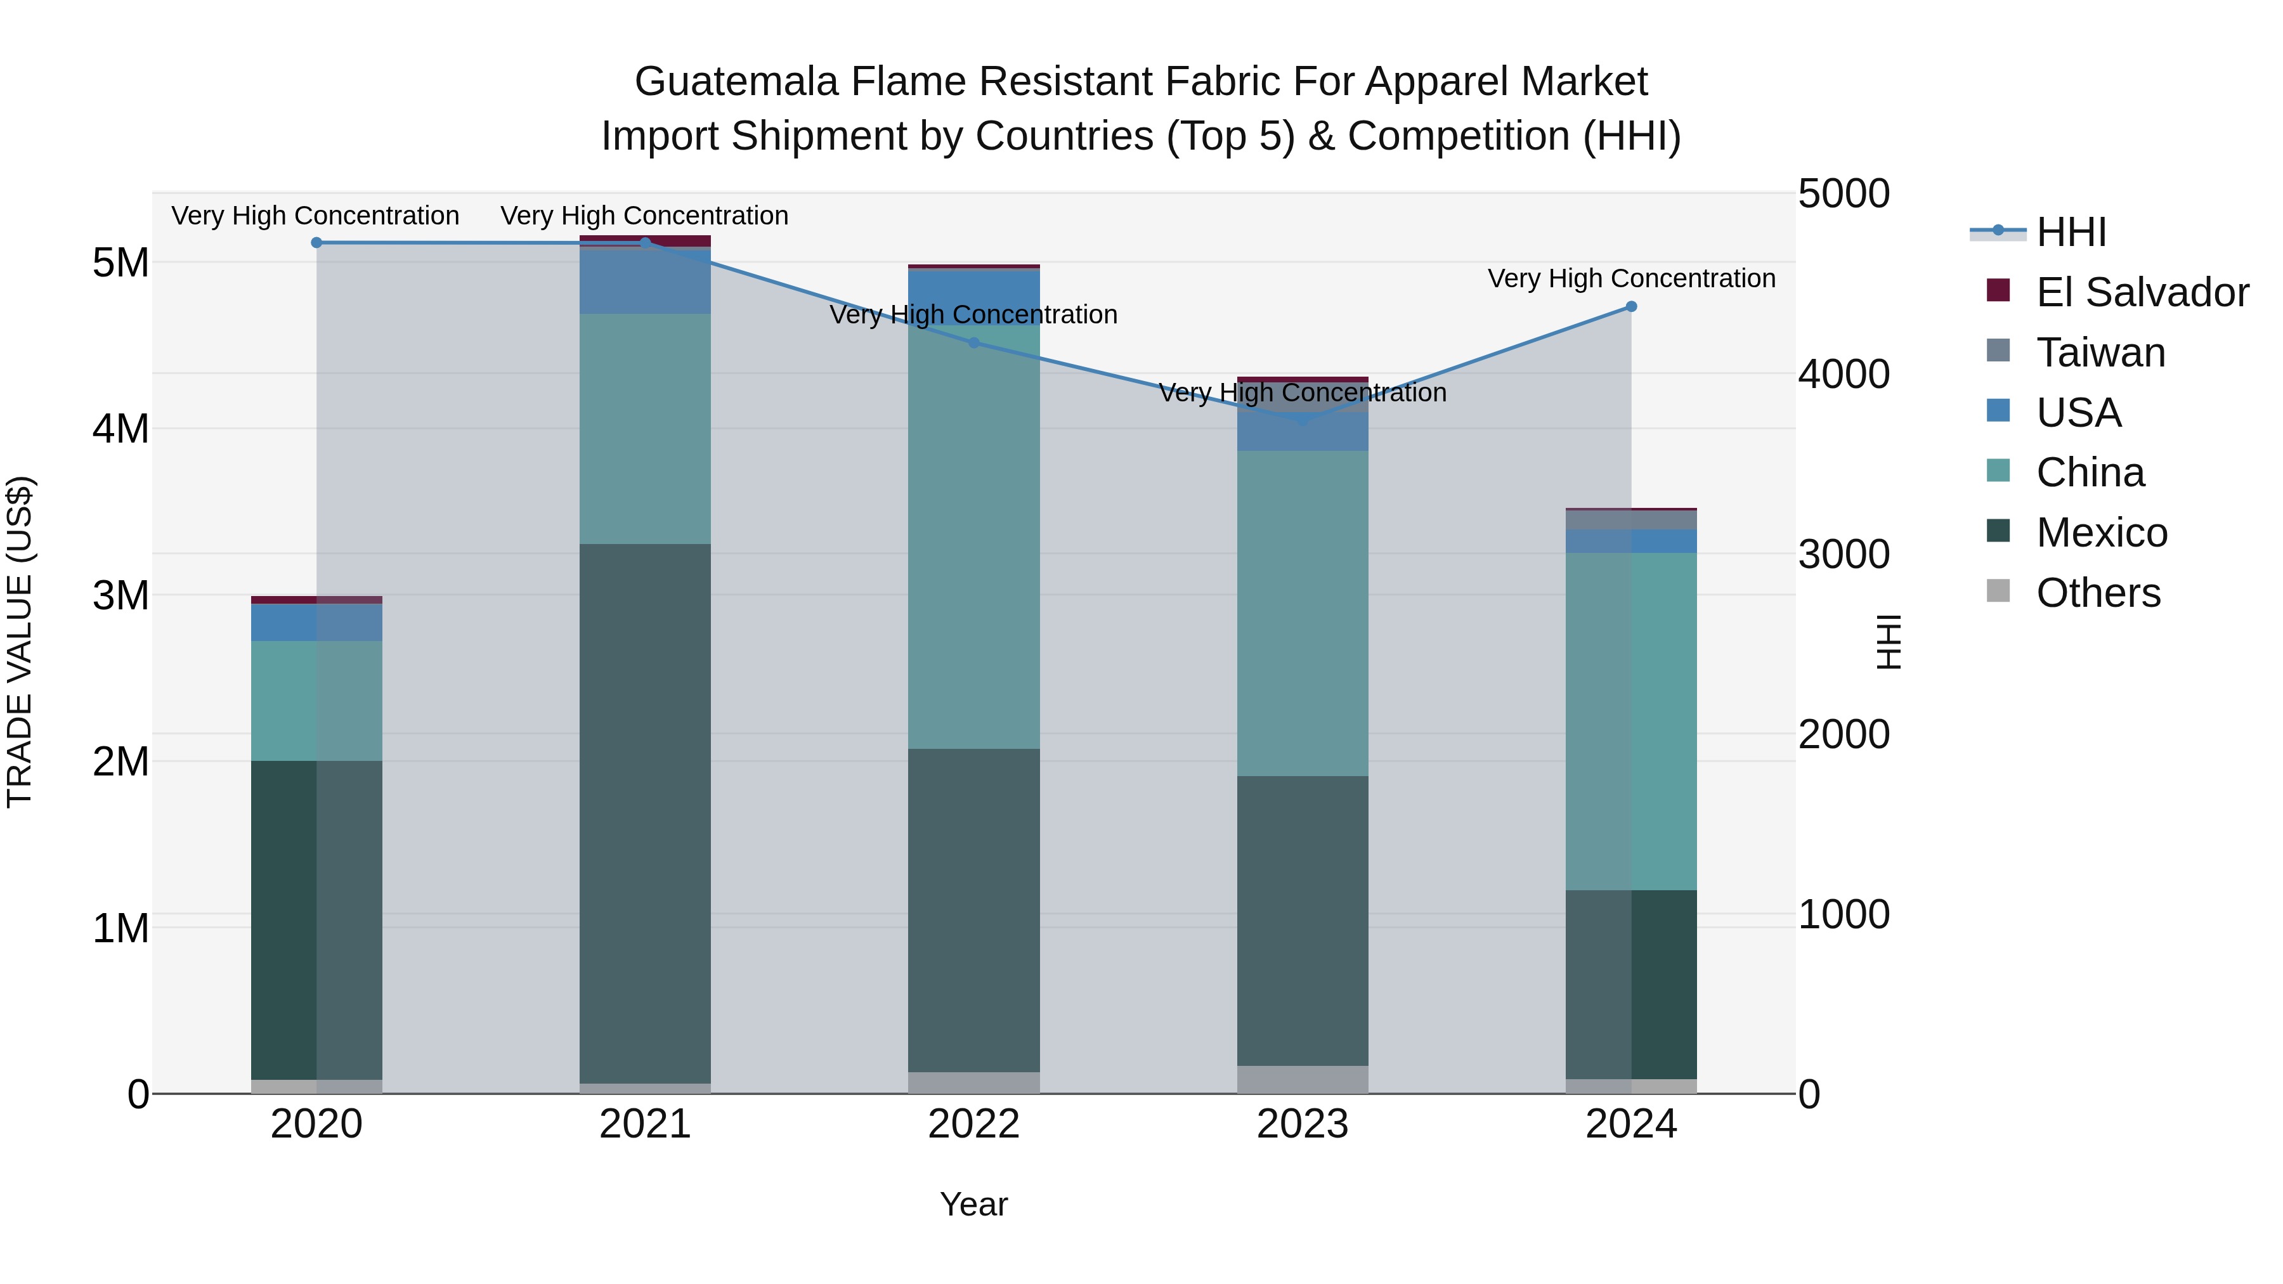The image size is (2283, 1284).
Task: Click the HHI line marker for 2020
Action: [316, 243]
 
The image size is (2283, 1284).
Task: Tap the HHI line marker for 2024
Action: [1630, 307]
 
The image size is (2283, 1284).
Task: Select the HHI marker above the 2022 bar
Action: [973, 343]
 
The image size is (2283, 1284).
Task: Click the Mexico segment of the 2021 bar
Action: [645, 813]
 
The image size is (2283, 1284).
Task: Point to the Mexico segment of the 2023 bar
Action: [1302, 920]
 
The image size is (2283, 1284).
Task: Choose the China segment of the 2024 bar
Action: [1630, 722]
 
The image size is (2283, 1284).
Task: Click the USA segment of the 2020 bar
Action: [316, 622]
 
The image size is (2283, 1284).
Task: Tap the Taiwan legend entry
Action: [2100, 353]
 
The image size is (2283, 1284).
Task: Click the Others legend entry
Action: [2098, 593]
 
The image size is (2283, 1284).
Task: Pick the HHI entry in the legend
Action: [2071, 232]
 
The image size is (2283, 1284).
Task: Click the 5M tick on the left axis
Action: [120, 263]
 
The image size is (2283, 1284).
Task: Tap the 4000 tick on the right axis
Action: [1844, 374]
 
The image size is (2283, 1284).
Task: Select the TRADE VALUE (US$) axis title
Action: [20, 642]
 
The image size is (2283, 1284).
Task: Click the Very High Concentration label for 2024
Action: [1630, 278]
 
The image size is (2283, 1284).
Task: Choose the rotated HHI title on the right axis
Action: [1888, 642]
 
